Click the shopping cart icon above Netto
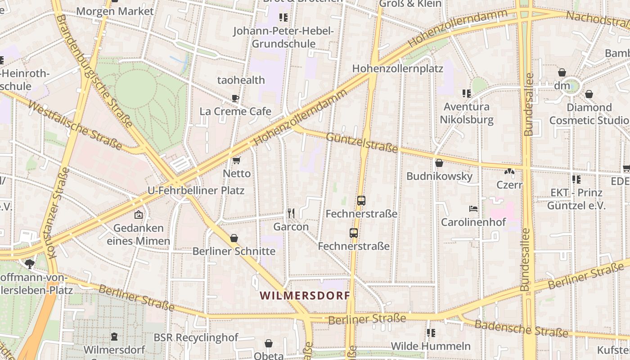[x=236, y=160]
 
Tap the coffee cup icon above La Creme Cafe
[x=235, y=98]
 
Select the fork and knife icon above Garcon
[x=291, y=213]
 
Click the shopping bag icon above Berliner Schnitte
[x=234, y=238]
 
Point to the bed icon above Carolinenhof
[x=473, y=208]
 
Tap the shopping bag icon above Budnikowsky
[x=439, y=163]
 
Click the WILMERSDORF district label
[x=305, y=296]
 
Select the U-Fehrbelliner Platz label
[x=196, y=190]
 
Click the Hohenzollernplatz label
[x=397, y=69]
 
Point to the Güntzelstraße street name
[x=362, y=142]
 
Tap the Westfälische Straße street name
[x=75, y=125]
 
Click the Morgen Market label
[x=115, y=11]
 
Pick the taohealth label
[x=241, y=80]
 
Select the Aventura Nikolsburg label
[x=466, y=113]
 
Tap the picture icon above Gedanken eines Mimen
[x=138, y=215]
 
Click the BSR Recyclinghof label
[x=196, y=337]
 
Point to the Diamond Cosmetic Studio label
[x=589, y=114]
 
